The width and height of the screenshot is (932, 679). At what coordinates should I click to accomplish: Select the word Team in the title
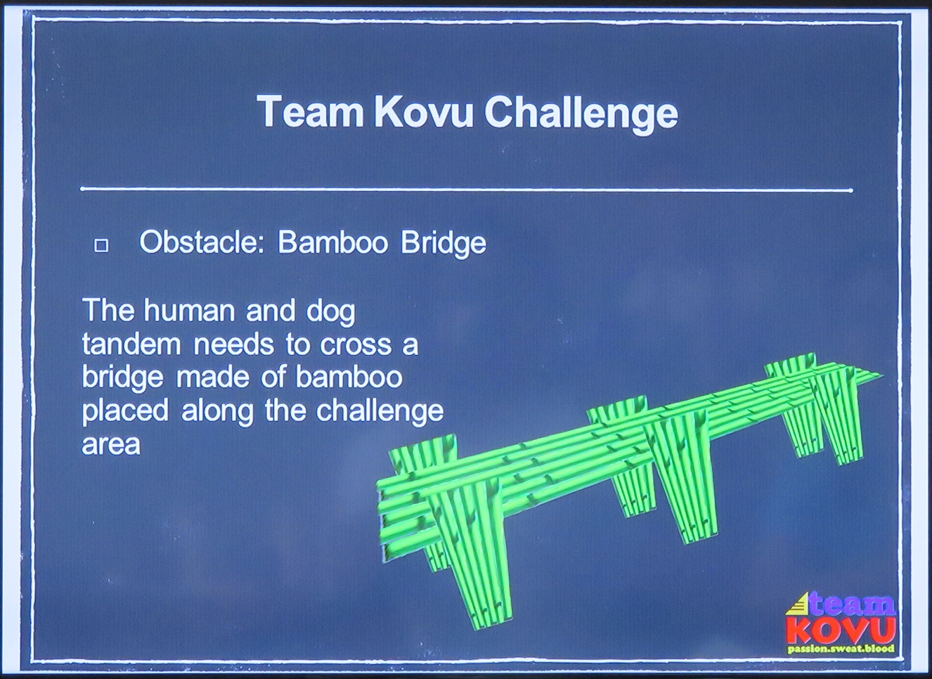(x=310, y=112)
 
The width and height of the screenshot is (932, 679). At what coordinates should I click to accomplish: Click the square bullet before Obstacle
(x=101, y=245)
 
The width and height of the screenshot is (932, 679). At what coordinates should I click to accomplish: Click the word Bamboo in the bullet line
(x=332, y=242)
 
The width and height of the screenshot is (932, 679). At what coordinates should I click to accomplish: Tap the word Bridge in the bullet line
(x=443, y=242)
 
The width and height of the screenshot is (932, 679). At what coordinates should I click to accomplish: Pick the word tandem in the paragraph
(x=131, y=344)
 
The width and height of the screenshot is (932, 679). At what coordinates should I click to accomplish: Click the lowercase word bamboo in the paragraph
(x=349, y=377)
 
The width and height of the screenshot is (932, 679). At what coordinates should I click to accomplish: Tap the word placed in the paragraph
(x=125, y=411)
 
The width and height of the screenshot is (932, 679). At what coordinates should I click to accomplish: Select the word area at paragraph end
(x=111, y=444)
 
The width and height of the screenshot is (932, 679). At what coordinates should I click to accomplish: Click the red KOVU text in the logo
(x=841, y=630)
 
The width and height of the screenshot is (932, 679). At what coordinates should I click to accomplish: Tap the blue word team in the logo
(x=853, y=604)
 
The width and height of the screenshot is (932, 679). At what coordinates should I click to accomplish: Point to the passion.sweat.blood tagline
(x=841, y=649)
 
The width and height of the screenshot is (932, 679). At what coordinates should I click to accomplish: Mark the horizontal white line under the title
(x=466, y=190)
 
